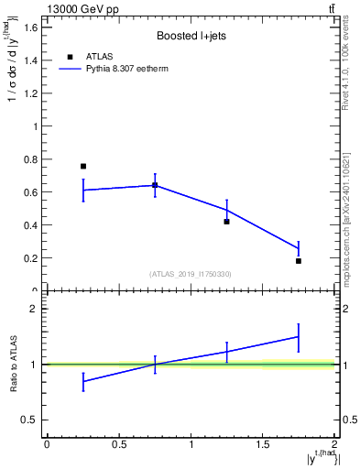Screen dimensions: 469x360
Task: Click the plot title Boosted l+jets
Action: coord(191,37)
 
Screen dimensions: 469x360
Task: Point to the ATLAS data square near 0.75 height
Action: coord(83,166)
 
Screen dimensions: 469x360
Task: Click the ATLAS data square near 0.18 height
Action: coord(299,261)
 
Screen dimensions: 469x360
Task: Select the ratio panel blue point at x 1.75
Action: coord(299,336)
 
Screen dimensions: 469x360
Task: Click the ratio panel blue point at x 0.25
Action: coord(83,381)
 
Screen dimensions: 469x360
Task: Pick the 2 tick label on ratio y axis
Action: coord(32,309)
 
